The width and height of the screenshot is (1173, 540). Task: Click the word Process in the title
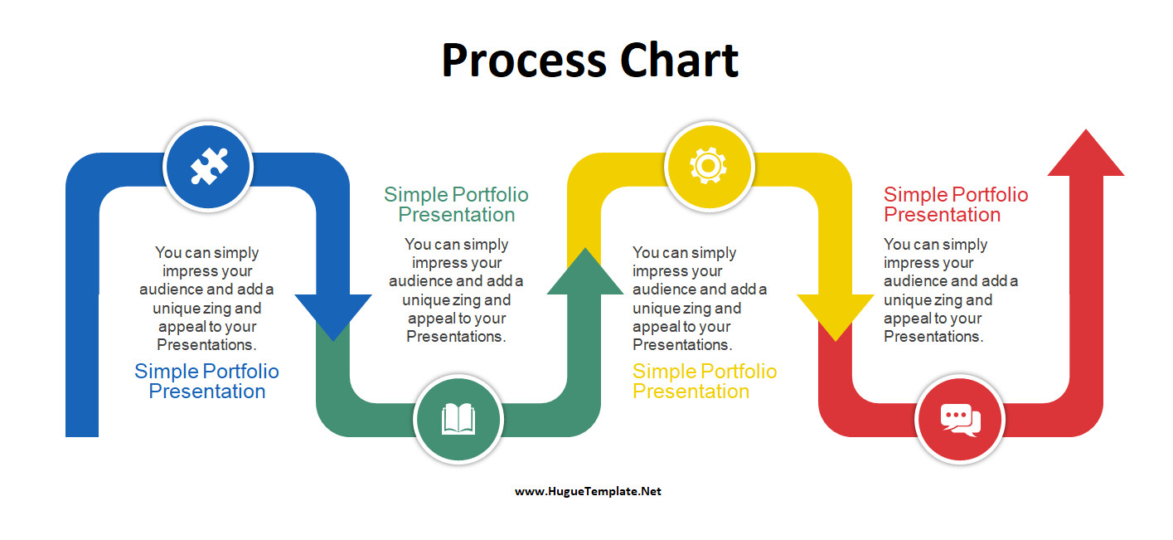coord(512,61)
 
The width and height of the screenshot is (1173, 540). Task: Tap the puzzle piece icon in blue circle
coord(208,166)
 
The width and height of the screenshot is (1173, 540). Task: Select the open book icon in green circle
coord(458,419)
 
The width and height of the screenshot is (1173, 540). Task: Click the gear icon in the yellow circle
coord(709,166)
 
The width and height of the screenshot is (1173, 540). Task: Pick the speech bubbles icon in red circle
coord(960,419)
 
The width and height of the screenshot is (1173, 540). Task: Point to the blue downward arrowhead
coord(333,316)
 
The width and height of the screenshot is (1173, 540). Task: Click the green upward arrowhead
coord(584,272)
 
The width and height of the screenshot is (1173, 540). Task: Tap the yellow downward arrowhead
coord(835,316)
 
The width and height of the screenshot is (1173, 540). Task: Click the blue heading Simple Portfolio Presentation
coord(206,382)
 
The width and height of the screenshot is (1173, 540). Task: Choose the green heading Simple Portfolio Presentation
coord(456,205)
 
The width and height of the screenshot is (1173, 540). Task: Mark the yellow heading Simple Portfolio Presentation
coord(704,382)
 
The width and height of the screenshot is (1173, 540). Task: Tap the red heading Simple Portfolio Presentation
coord(955,205)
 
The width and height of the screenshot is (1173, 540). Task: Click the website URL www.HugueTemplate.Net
coord(588,491)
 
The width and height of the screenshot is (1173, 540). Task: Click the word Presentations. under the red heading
coord(933,337)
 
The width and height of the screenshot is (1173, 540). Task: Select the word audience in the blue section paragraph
coord(171,289)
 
